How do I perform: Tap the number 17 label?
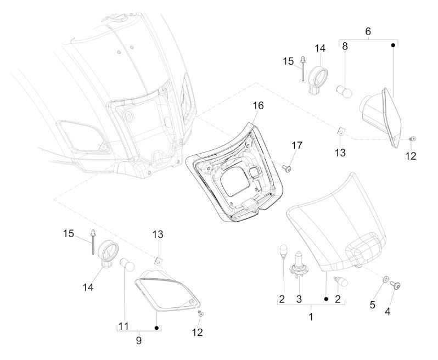click(297, 145)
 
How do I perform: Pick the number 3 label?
click(298, 300)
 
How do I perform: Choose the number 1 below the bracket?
click(311, 317)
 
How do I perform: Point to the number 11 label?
click(123, 326)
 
